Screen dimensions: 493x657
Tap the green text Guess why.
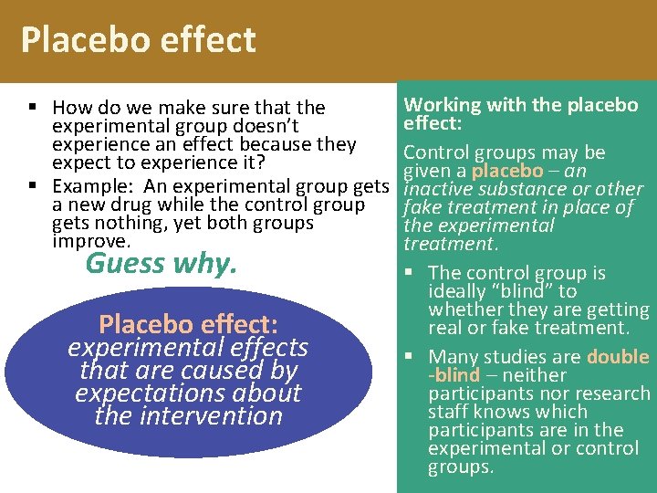point(161,264)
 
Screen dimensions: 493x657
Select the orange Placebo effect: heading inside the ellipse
point(188,324)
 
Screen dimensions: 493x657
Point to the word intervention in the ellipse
point(188,415)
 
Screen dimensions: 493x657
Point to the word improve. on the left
point(91,241)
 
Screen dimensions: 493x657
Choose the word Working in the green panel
point(443,105)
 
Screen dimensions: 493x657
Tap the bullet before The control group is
point(414,273)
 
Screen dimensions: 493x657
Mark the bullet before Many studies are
point(414,357)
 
